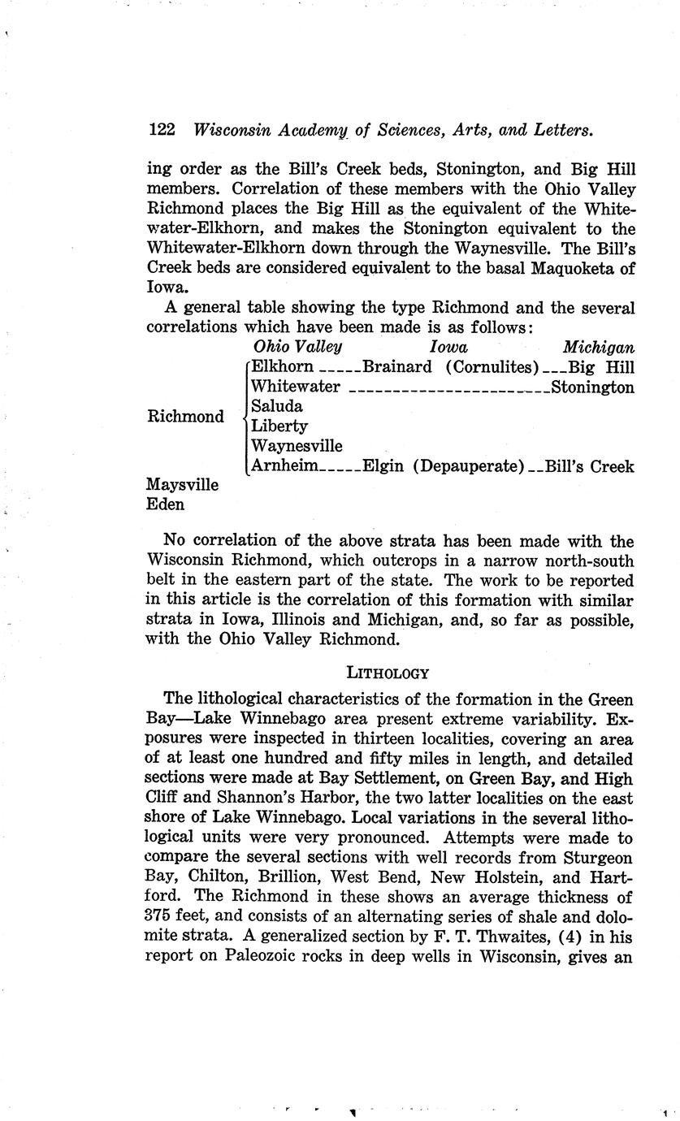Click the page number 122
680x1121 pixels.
pyautogui.click(x=162, y=130)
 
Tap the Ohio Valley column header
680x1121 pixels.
pyautogui.click(x=297, y=347)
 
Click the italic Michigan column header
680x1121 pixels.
pyautogui.click(x=599, y=347)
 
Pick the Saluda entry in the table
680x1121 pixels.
pyautogui.click(x=277, y=406)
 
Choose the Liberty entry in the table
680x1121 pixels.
pyautogui.click(x=279, y=426)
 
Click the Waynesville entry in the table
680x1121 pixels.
pyautogui.click(x=297, y=446)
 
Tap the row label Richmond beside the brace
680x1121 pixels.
pyautogui.click(x=185, y=417)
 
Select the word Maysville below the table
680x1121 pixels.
pyautogui.click(x=182, y=485)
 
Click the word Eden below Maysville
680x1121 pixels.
pyautogui.click(x=165, y=504)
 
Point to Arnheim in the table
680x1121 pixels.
pyautogui.click(x=285, y=466)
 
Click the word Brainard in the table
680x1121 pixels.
pyautogui.click(x=397, y=367)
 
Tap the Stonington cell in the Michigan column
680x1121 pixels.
pyautogui.click(x=592, y=387)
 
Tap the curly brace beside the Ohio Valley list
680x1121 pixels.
pyautogui.click(x=245, y=417)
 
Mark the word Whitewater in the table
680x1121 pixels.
pyautogui.click(x=296, y=387)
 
